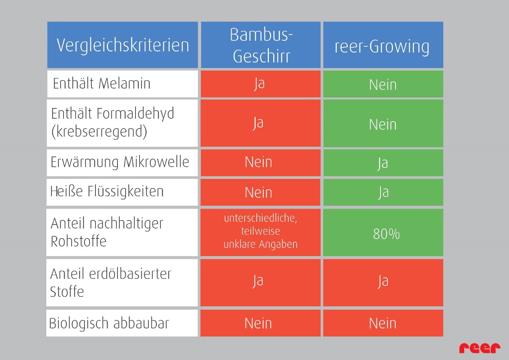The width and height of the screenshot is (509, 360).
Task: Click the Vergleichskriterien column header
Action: point(122,45)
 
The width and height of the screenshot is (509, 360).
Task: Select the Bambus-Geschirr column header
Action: point(261,45)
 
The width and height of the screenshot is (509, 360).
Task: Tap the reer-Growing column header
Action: point(383,46)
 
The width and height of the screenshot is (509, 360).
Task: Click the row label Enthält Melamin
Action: point(102,84)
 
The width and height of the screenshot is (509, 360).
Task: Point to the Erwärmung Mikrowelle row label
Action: point(120,162)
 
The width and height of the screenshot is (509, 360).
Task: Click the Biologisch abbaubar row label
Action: point(109,323)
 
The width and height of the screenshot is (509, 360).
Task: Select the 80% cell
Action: point(386,234)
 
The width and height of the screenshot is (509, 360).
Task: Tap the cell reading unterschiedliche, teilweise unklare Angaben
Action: point(260,231)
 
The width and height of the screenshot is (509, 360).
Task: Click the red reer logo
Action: point(479,348)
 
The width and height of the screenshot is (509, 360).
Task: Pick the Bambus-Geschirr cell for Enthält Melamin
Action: point(260,84)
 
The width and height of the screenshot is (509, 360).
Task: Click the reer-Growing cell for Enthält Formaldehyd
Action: point(383,124)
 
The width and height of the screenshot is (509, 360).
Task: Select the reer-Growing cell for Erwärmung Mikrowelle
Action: point(383,163)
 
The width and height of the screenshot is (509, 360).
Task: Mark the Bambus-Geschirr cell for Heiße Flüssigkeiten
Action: point(259,192)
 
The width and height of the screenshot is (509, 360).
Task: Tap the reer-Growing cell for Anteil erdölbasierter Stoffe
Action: point(383,282)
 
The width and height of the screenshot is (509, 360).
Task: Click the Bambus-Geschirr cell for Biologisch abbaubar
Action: point(259,323)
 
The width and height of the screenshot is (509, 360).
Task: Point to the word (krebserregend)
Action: point(99,132)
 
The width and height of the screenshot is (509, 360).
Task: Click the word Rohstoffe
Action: point(79,242)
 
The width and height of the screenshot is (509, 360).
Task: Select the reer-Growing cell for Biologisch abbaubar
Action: point(383,323)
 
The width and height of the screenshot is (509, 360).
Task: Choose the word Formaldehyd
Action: point(135,114)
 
